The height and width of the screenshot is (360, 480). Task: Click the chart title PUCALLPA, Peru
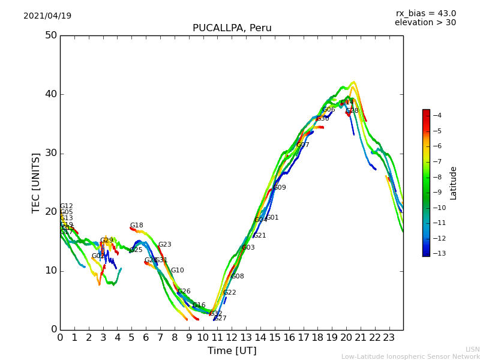232,28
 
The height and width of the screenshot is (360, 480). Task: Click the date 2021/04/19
47,16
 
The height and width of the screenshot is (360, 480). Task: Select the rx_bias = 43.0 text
425,14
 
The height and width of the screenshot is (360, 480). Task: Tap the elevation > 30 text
425,23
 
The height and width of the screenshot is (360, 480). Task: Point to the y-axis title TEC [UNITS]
37,182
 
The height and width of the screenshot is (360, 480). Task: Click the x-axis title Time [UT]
232,351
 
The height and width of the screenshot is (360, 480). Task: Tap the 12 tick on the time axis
232,338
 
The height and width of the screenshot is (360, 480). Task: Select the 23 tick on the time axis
389,338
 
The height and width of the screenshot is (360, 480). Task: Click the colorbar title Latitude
453,183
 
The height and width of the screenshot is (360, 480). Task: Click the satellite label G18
137,226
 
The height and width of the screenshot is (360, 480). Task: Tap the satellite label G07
303,145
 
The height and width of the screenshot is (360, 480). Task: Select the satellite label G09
280,188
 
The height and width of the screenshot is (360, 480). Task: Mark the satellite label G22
230,293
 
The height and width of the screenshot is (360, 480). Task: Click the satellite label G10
178,271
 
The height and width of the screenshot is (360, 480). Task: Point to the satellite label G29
107,241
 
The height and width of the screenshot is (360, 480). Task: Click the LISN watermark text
472,349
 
